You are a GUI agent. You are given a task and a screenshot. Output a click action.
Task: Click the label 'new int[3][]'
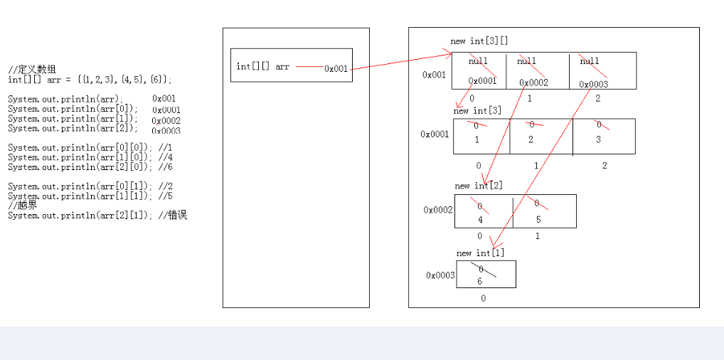pos(479,41)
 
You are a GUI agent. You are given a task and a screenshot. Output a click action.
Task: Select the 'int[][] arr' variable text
pos(262,67)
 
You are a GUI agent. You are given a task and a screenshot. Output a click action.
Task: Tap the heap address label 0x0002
pos(438,210)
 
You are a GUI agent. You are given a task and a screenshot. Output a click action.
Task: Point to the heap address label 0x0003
pos(440,275)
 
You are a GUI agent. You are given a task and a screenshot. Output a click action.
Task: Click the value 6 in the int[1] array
pos(480,281)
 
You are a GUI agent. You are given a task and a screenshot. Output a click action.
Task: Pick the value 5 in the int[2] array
pos(538,220)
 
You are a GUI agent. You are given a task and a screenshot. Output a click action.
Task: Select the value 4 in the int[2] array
pos(481,220)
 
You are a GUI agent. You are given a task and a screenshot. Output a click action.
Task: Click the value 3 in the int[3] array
pos(598,139)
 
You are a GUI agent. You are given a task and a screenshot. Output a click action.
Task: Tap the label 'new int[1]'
pos(480,253)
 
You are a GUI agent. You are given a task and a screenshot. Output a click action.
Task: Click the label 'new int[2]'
pos(479,186)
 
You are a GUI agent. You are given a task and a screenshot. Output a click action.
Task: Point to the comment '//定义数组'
pos(32,70)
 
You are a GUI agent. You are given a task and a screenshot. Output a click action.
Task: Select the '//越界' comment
pos(22,205)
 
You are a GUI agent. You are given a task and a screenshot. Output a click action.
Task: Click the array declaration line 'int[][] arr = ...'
pos(90,80)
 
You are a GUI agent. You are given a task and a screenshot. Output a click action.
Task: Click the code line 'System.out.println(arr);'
pos(65,99)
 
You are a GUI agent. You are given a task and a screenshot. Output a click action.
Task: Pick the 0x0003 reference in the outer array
pos(594,84)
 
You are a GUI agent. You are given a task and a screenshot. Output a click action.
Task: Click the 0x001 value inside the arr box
pos(336,69)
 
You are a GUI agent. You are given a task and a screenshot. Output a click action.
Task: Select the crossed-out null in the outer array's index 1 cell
pos(526,61)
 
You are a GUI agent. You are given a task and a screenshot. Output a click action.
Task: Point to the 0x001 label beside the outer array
pos(434,74)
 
